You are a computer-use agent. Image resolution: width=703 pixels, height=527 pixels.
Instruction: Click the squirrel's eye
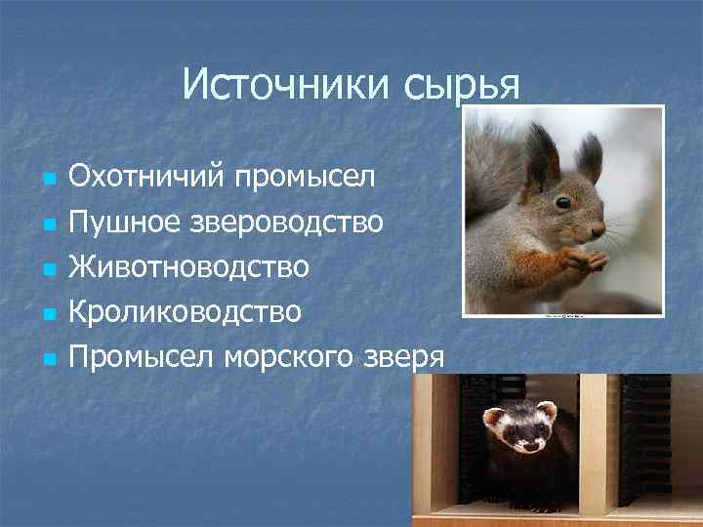[563, 202]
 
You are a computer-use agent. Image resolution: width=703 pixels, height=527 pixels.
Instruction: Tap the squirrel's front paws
[586, 260]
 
